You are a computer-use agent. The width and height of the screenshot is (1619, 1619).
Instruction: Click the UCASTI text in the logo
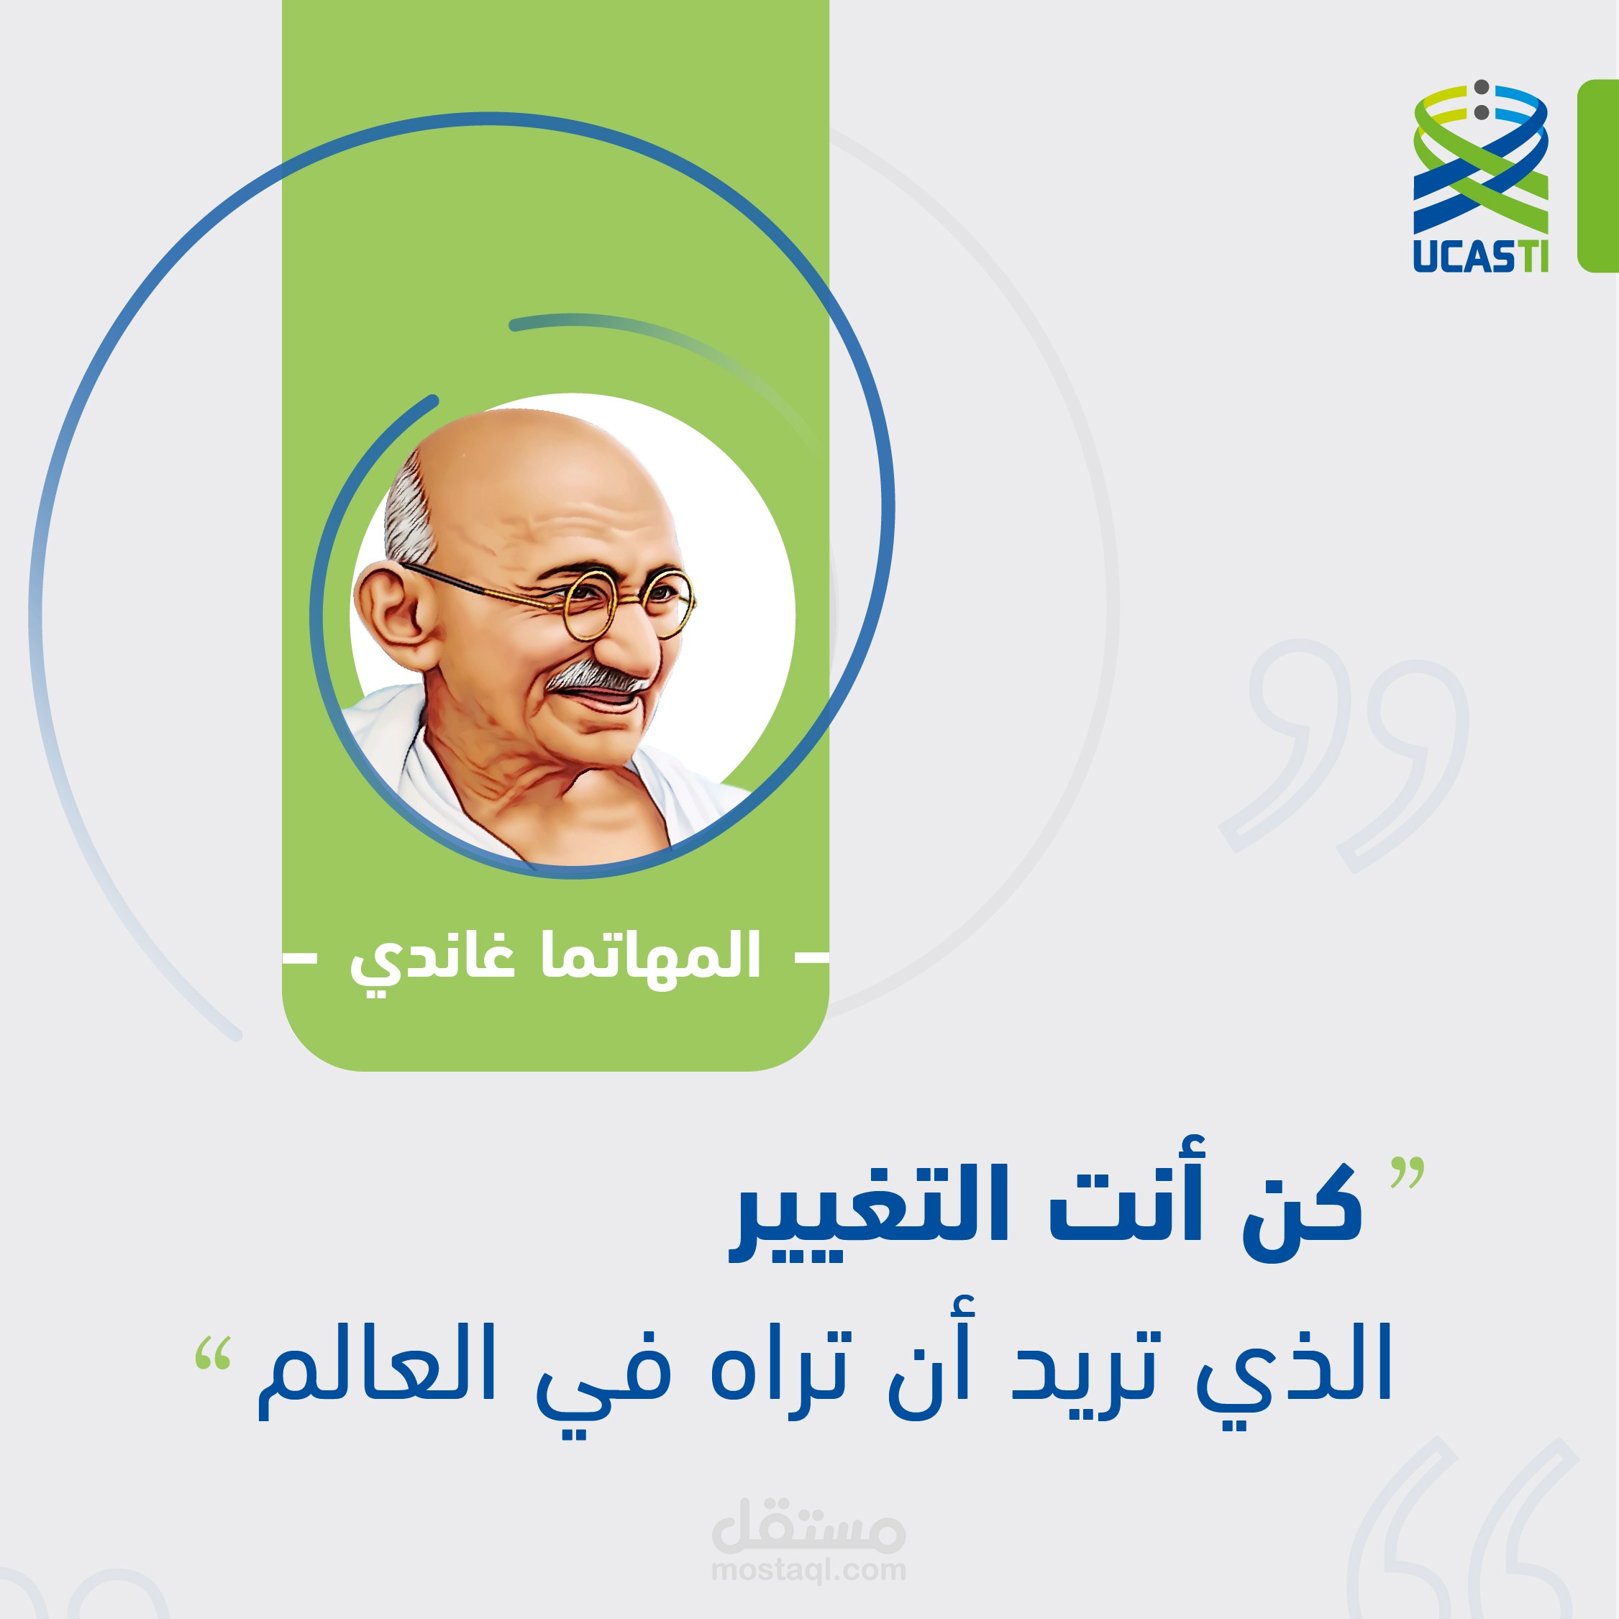[x=1481, y=255]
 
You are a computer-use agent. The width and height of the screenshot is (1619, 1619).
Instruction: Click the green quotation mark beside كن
[x=1407, y=1173]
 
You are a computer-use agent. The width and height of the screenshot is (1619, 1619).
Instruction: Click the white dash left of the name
[x=300, y=956]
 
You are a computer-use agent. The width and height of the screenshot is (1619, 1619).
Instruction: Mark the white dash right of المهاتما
[x=811, y=956]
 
